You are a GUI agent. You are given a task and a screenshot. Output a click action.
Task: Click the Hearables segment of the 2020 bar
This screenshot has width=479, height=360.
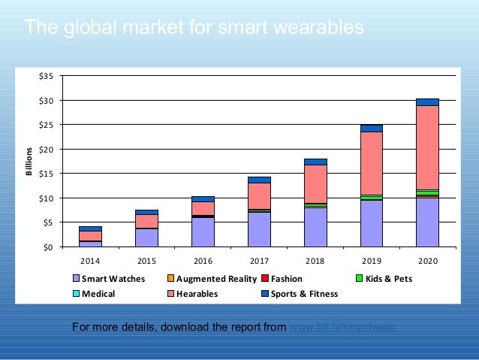click(427, 147)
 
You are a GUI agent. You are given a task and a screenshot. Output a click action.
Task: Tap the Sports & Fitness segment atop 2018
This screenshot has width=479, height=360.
click(315, 162)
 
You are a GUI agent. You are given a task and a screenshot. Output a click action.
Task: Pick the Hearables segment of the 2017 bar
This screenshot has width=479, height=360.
click(259, 196)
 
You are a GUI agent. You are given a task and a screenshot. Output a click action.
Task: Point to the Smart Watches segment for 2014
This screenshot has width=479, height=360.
click(90, 244)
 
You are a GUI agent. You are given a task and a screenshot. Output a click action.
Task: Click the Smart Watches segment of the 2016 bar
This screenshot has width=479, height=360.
click(203, 232)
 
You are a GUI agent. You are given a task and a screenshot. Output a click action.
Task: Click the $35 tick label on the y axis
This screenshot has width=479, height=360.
click(47, 76)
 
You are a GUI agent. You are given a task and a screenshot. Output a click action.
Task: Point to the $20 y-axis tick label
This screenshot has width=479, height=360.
click(47, 149)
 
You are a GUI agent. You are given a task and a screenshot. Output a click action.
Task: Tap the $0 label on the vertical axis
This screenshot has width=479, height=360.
click(49, 247)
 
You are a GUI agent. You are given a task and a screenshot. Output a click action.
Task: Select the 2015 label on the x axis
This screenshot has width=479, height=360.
click(146, 260)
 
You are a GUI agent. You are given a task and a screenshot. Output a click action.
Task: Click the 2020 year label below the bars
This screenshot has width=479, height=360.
click(427, 260)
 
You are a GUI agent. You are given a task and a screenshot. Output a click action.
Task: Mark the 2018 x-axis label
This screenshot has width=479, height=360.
click(315, 260)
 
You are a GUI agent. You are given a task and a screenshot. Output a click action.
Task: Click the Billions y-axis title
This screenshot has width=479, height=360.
click(29, 161)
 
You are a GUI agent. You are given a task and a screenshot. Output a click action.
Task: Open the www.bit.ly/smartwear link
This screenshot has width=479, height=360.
click(342, 327)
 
